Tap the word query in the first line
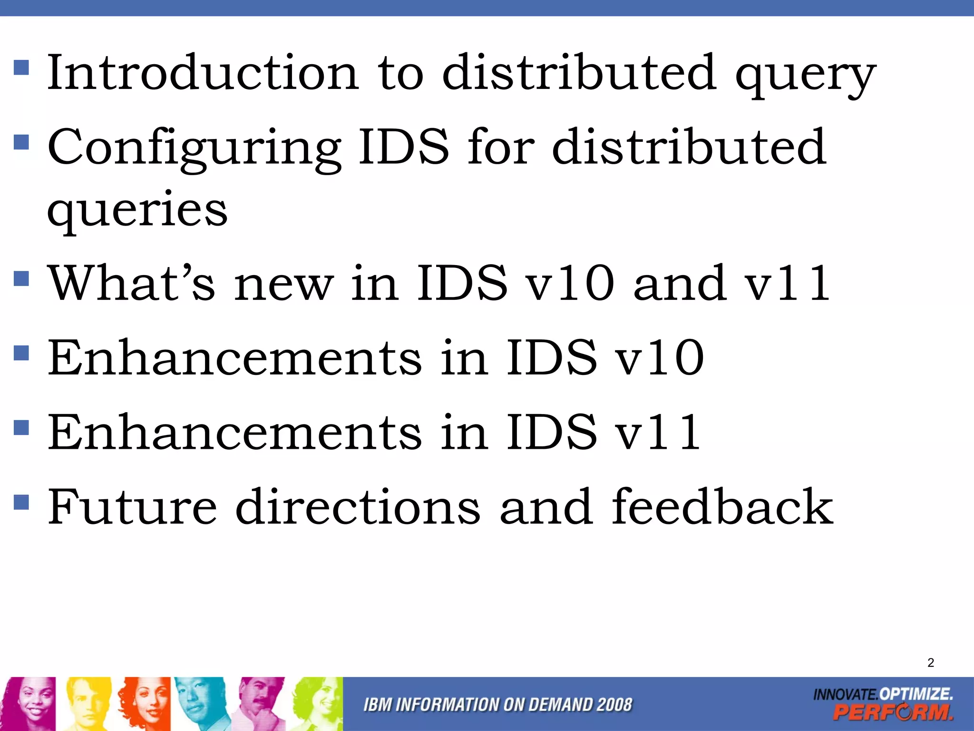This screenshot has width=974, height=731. [x=805, y=75]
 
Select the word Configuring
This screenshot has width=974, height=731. [x=194, y=148]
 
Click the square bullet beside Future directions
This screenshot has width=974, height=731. [x=21, y=502]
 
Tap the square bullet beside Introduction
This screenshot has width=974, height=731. [x=21, y=68]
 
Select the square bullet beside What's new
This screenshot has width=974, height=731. [x=21, y=278]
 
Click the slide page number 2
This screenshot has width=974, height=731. [x=931, y=662]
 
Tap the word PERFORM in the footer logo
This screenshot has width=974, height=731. [x=893, y=712]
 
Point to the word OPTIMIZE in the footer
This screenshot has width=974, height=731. [x=916, y=693]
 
